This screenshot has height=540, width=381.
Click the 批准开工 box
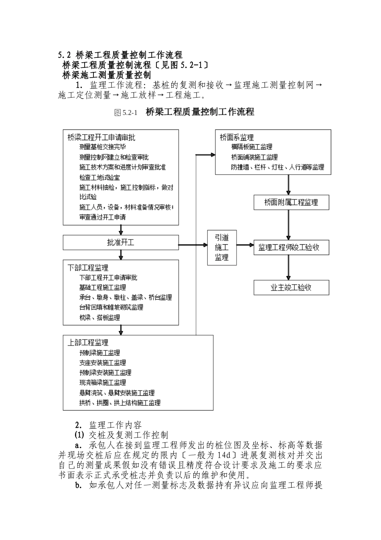(x=121, y=243)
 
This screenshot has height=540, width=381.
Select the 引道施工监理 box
(x=221, y=247)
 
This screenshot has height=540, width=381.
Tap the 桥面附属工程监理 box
(x=291, y=202)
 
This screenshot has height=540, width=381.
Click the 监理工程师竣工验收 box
(x=291, y=247)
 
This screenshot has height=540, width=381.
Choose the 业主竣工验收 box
(x=291, y=287)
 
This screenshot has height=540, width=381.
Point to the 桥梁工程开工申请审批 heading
(x=101, y=137)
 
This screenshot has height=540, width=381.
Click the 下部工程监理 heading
(x=88, y=268)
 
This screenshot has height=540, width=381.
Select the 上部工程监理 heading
(x=88, y=343)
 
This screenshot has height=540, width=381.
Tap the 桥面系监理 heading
(x=237, y=137)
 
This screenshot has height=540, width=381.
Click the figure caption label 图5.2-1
(x=126, y=113)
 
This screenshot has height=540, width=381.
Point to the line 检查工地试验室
(x=99, y=177)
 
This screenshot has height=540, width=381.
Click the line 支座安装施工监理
(x=103, y=363)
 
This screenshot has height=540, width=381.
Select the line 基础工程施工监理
(x=103, y=288)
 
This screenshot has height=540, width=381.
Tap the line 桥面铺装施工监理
(x=254, y=157)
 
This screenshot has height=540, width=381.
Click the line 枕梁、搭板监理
(x=99, y=317)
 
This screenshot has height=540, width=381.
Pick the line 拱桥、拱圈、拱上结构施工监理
(x=120, y=403)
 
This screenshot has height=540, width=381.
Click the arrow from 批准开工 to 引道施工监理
(x=193, y=245)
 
